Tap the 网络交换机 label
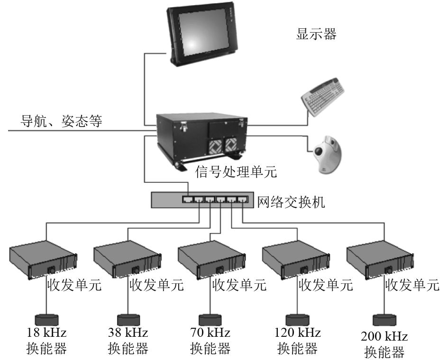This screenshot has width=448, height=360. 291,202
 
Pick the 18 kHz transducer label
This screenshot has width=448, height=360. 46,332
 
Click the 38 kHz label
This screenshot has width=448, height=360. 128,332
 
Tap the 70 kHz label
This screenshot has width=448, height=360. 210,332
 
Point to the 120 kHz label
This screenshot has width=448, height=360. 298,332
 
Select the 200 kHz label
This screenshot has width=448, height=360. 384,337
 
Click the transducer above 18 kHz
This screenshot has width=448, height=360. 46,320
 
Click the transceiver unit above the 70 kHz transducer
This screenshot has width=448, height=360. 208,261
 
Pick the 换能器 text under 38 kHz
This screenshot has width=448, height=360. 128,349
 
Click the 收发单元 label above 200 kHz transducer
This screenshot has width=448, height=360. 411,285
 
